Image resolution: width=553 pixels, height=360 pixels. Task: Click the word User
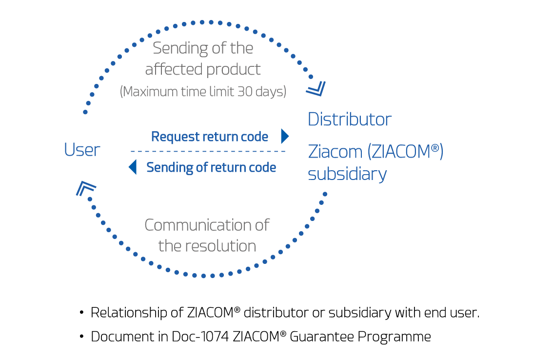point(82,150)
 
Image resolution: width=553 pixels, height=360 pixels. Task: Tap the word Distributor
point(350,120)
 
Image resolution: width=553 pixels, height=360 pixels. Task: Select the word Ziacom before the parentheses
point(335,152)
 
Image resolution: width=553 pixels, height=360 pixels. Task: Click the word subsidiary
point(347,174)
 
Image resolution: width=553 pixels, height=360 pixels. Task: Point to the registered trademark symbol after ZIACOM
point(434,149)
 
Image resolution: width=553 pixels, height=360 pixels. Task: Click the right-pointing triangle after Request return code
point(285,136)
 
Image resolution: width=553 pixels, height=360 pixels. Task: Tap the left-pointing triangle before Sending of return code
point(132,167)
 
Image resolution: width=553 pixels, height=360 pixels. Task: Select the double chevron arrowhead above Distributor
point(316,88)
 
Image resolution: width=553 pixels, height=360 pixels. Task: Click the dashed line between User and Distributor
point(207,151)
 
